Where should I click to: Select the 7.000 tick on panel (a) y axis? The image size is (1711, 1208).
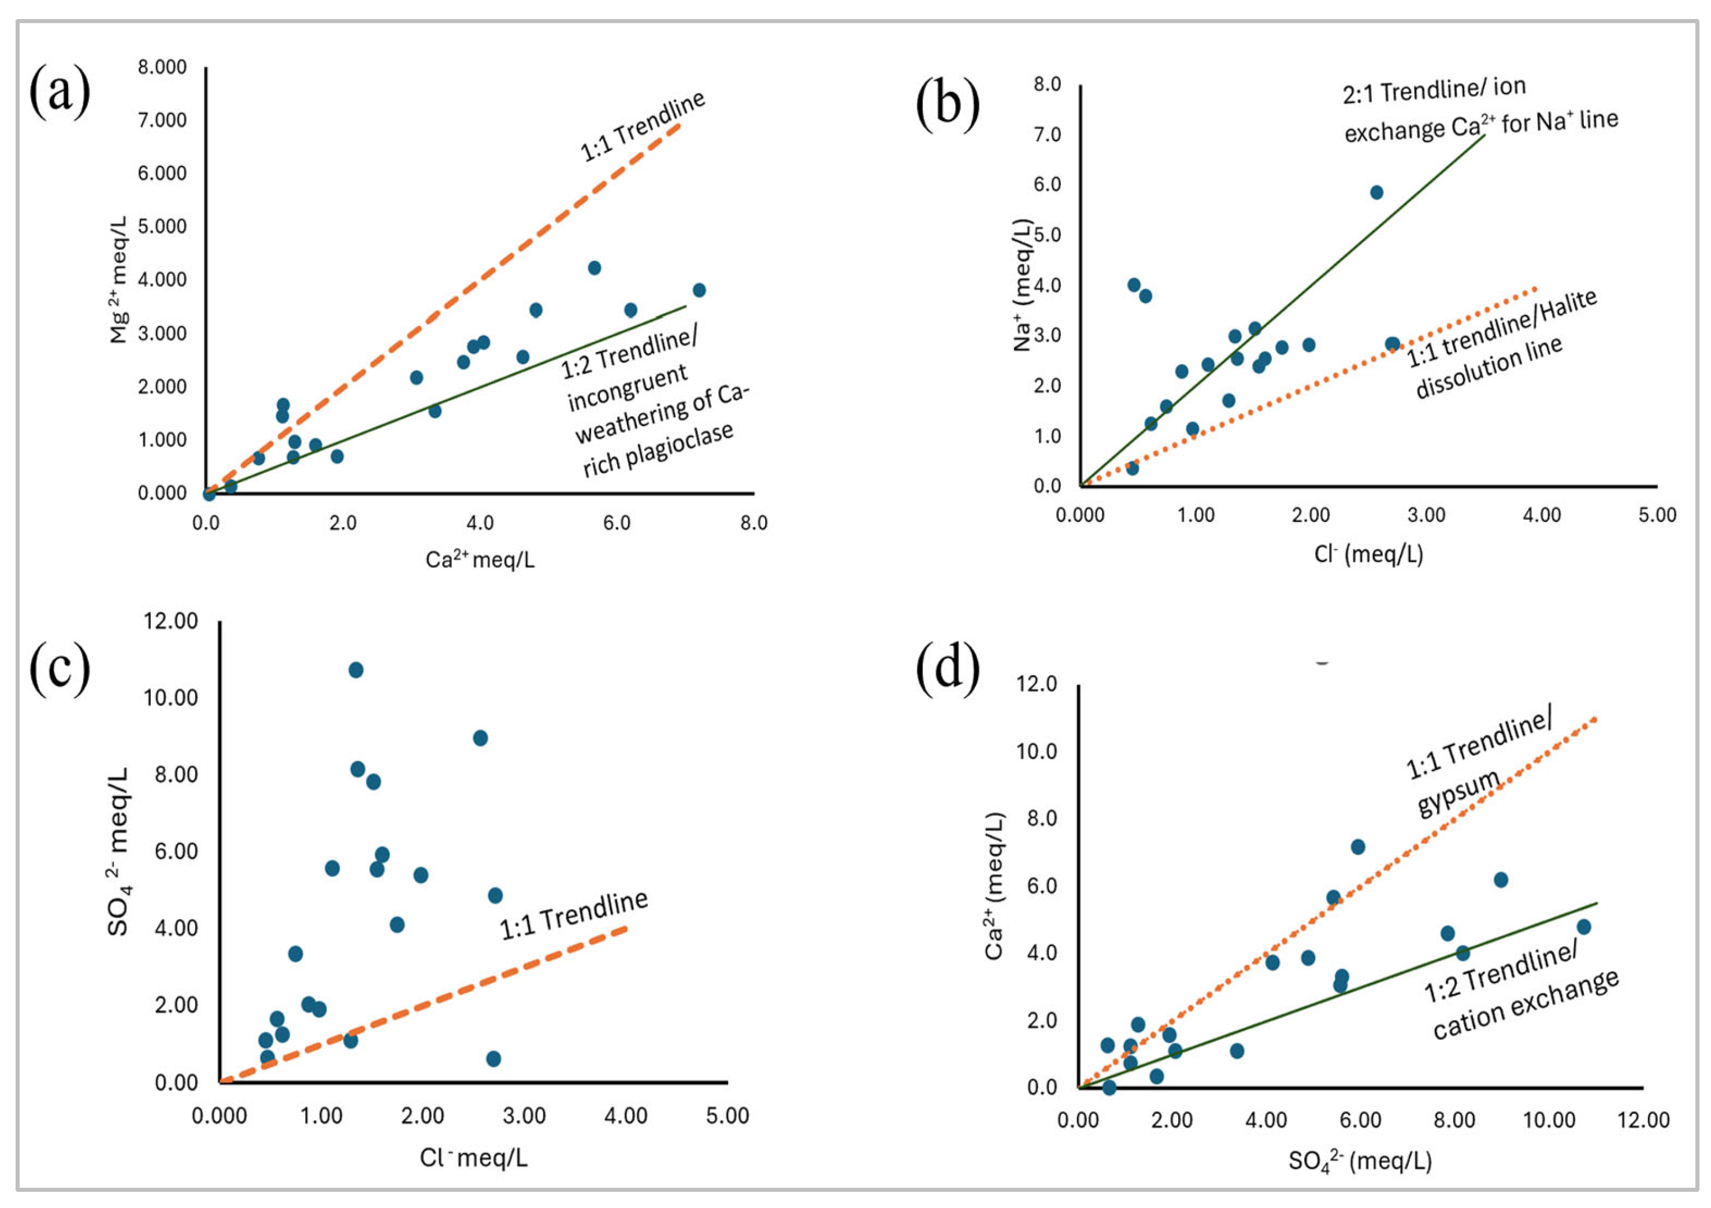162,121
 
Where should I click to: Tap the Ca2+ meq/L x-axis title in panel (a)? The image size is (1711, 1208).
480,559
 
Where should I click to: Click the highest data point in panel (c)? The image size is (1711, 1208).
356,670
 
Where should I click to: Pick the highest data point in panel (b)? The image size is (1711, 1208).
1376,192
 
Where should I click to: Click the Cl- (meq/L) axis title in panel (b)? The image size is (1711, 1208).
1368,554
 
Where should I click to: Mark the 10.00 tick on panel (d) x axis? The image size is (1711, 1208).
1549,1120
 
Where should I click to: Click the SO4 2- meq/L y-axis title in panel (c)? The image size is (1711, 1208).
118,851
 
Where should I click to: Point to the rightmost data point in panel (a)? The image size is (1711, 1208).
699,290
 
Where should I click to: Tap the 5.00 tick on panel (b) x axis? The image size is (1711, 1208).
1657,515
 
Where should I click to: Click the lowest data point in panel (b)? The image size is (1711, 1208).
1132,468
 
